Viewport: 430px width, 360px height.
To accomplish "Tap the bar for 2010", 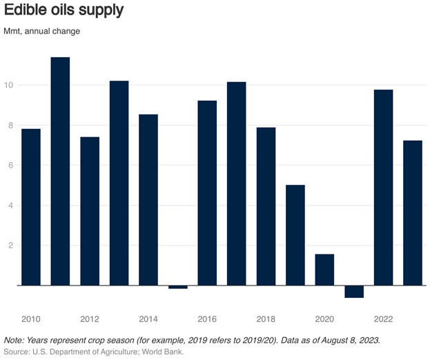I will click(x=31, y=207).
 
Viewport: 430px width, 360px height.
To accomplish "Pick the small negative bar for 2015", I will click(x=177, y=287).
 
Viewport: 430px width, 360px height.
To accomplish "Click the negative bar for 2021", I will click(x=354, y=292).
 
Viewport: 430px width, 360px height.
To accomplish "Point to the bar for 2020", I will click(x=324, y=270).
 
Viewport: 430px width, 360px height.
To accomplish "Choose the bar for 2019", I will click(x=295, y=235).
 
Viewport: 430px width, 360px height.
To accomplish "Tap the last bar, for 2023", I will click(x=413, y=213).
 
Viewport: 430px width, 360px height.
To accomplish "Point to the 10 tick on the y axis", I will click(x=10, y=86).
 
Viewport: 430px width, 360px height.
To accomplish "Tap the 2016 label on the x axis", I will click(x=207, y=319).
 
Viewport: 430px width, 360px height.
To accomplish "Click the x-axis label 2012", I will click(x=90, y=319).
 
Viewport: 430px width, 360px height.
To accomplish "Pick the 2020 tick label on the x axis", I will click(x=324, y=319).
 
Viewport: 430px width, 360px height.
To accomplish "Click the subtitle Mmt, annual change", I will click(x=41, y=32).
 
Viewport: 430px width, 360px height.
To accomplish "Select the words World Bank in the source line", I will click(x=163, y=352).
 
